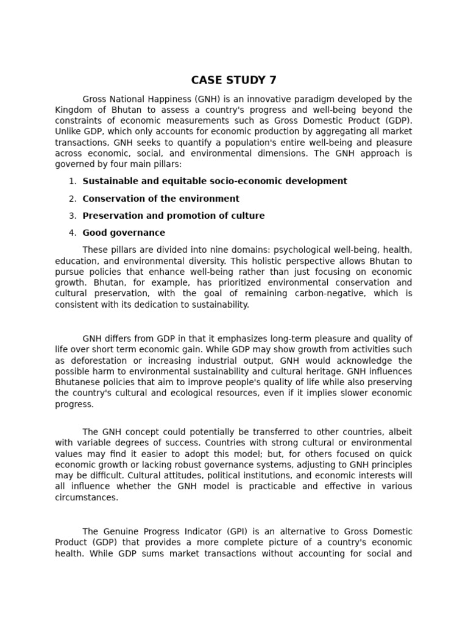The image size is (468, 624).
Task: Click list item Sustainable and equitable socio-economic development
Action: point(214,181)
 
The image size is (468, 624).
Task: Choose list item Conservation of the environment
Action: point(161,199)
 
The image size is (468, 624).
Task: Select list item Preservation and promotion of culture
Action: point(174,216)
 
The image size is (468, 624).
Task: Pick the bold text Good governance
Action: point(124,233)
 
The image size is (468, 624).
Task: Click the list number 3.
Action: point(72,216)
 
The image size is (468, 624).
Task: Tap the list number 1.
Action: point(72,181)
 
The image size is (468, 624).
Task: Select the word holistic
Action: point(256,261)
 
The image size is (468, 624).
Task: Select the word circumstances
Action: point(86,497)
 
